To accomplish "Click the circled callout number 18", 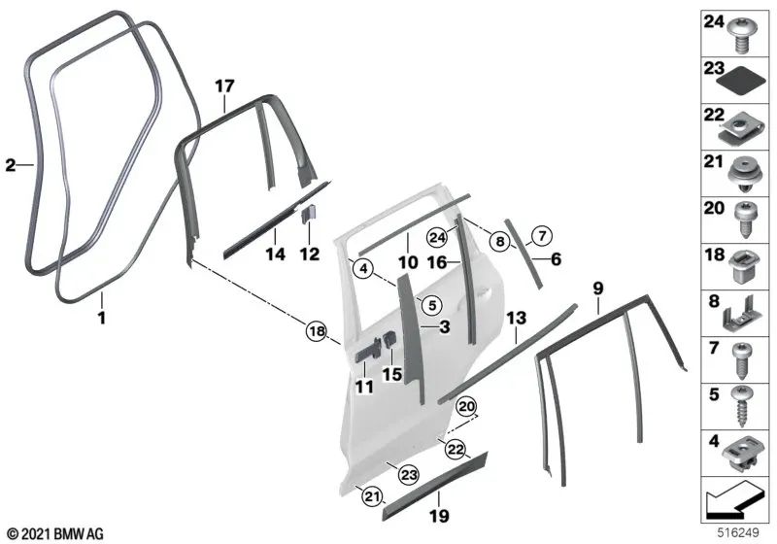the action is (318, 330).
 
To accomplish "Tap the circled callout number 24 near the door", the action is (437, 238).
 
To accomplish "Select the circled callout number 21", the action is (372, 496).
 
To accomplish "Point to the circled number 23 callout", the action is (409, 475).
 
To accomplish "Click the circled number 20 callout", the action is (466, 407).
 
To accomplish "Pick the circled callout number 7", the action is (542, 235).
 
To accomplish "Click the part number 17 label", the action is (224, 86).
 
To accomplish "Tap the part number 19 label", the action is (439, 516).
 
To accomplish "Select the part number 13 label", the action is (517, 318).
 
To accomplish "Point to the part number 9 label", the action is (598, 288).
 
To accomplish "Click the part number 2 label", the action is (11, 165).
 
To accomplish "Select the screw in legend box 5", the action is (743, 406).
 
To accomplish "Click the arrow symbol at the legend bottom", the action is (732, 502).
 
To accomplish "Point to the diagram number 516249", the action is (738, 532).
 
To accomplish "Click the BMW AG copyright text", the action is (56, 534).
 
